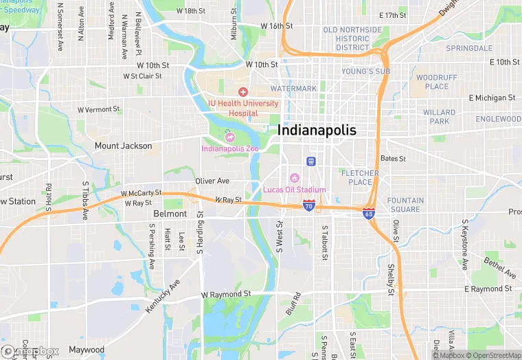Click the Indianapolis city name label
click(317, 130)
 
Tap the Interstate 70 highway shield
click(309, 205)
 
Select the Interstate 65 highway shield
click(369, 214)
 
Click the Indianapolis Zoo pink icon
click(231, 137)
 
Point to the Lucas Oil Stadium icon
click(295, 179)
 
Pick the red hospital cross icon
click(242, 92)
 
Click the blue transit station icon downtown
click(311, 161)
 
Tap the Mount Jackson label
click(123, 146)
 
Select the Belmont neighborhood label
click(170, 214)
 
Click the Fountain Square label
click(405, 205)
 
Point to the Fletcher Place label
click(361, 177)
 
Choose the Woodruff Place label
click(432, 82)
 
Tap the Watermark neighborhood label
click(293, 89)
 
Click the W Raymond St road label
click(226, 294)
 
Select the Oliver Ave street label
click(212, 181)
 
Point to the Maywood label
click(87, 350)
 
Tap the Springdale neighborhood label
click(469, 49)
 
